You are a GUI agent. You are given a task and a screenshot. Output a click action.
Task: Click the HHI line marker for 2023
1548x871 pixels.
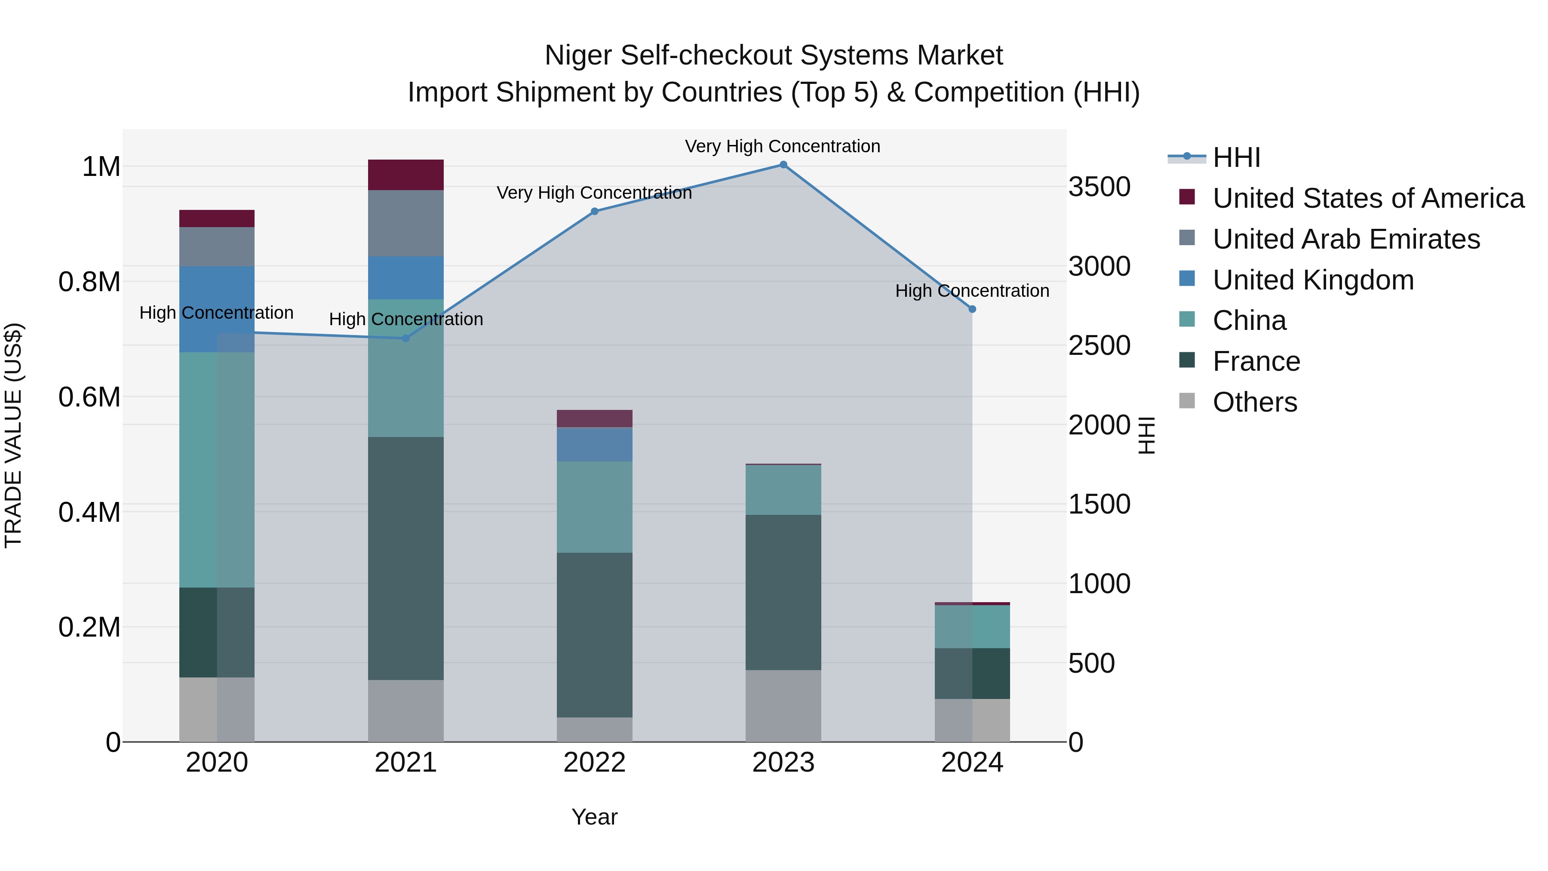pyautogui.click(x=783, y=165)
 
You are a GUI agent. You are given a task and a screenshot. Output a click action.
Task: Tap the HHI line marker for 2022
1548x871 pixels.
pyautogui.click(x=594, y=212)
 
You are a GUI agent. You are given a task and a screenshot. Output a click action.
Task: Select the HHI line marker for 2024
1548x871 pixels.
pyautogui.click(x=972, y=309)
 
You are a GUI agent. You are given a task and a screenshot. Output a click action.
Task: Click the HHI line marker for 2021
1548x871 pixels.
pyautogui.click(x=405, y=339)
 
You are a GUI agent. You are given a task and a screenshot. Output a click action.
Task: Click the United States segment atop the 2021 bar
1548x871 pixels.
pyautogui.click(x=405, y=175)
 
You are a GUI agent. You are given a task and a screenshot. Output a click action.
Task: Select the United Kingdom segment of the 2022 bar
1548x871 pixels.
pyautogui.click(x=594, y=444)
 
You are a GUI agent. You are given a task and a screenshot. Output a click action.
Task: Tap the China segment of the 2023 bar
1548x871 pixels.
pyautogui.click(x=783, y=489)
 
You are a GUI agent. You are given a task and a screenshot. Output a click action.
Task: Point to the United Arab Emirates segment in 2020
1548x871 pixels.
pyautogui.click(x=217, y=246)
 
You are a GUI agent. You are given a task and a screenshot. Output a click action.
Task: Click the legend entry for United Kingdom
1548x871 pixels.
pyautogui.click(x=1313, y=280)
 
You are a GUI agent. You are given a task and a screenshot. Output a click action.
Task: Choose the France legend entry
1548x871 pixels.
pyautogui.click(x=1256, y=362)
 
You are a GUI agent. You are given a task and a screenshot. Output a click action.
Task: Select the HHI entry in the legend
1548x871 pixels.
pyautogui.click(x=1236, y=157)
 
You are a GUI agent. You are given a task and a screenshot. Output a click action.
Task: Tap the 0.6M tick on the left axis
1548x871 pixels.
pyautogui.click(x=89, y=397)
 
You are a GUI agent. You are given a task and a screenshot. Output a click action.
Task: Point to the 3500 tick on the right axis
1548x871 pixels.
pyautogui.click(x=1099, y=187)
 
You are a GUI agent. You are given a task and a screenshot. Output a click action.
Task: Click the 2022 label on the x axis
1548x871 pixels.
pyautogui.click(x=594, y=763)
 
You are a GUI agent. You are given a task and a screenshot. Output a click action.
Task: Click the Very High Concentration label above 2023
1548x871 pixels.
pyautogui.click(x=783, y=146)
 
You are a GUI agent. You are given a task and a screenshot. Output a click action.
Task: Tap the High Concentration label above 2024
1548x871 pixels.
pyautogui.click(x=972, y=291)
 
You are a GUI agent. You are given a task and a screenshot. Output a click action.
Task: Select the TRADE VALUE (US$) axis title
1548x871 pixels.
pyautogui.click(x=13, y=435)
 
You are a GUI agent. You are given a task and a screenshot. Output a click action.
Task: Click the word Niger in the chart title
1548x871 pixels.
pyautogui.click(x=579, y=55)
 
